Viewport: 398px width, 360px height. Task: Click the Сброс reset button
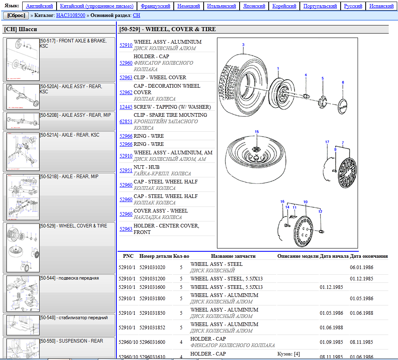(16, 15)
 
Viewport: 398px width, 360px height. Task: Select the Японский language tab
(255, 6)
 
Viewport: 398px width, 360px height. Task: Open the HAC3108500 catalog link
(71, 15)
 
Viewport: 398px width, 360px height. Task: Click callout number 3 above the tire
(243, 45)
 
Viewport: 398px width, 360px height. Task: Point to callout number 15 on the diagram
(257, 132)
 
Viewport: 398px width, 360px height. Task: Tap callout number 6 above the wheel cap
(343, 82)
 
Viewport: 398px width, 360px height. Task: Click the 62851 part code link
(126, 121)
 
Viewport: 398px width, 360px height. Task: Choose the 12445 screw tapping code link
(126, 107)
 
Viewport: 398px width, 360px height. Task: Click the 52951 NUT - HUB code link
(126, 170)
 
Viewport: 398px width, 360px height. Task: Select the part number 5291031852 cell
(152, 327)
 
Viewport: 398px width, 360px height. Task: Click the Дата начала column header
(334, 256)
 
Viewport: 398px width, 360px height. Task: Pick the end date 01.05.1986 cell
(362, 298)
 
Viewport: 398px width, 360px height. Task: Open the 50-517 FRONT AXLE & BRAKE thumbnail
(23, 59)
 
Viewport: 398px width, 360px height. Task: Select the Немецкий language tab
(189, 6)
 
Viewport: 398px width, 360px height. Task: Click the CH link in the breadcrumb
(136, 15)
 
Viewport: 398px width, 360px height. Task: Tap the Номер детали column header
(156, 256)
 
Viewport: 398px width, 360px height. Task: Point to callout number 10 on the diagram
(305, 202)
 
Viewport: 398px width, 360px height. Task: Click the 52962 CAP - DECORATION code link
(126, 92)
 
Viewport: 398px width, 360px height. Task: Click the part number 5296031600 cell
(152, 342)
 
